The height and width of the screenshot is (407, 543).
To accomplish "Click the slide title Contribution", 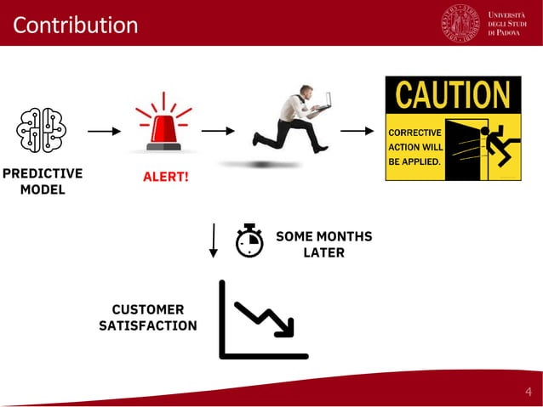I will coord(75,25).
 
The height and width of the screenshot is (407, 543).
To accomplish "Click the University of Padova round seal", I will coord(460,23).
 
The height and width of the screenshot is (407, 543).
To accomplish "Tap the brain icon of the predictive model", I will coord(41,131).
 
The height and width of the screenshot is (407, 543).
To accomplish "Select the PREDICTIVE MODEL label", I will coord(42,181).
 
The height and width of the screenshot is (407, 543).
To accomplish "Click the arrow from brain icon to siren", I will coord(104,132).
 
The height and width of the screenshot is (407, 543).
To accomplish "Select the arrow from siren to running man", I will coord(218,131).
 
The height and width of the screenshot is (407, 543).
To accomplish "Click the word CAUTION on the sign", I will coord(453,95).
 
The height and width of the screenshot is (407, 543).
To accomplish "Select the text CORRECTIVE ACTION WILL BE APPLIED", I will coord(415,146).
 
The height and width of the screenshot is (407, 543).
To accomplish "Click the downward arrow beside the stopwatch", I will coord(214,240).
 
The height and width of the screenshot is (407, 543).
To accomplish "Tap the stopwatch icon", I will coord(249,240).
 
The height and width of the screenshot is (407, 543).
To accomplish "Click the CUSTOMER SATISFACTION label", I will coord(148,318).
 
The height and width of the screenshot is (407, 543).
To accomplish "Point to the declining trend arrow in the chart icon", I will coord(265,319).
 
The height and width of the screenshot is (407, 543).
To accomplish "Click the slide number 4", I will coord(528,392).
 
